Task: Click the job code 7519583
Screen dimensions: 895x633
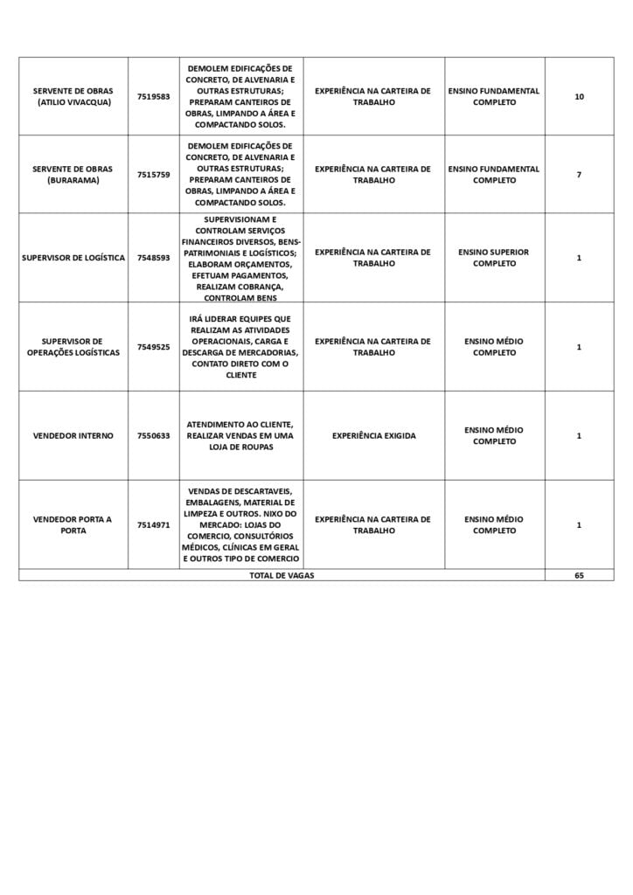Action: tap(153, 96)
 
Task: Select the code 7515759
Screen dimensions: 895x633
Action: tap(153, 175)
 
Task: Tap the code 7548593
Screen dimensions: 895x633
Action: tap(153, 258)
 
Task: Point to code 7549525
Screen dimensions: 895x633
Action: tap(153, 347)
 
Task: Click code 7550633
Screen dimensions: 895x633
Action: tap(153, 435)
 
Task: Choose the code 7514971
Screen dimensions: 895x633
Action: tap(153, 525)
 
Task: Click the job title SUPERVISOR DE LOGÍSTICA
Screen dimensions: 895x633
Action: tap(73, 258)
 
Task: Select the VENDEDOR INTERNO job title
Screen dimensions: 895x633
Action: tap(73, 435)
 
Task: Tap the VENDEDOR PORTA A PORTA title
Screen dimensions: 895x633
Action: tap(73, 524)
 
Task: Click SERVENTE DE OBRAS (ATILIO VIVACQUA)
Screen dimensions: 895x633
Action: tap(73, 96)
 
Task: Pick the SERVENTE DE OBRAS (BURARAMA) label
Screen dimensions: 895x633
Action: tap(73, 175)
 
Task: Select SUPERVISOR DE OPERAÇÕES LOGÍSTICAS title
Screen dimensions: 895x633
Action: tap(73, 347)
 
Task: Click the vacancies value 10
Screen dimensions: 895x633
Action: tap(579, 96)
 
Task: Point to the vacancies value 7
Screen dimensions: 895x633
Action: tap(579, 175)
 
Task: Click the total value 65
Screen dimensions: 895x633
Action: tap(579, 576)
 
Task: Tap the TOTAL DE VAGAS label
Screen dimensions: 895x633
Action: tap(282, 576)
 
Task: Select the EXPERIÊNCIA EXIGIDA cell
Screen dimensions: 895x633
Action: tap(373, 435)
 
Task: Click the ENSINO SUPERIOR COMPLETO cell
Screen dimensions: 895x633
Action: tap(494, 258)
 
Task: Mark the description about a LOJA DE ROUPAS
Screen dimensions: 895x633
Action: tap(240, 435)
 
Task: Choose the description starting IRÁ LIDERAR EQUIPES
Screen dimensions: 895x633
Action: tap(240, 347)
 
